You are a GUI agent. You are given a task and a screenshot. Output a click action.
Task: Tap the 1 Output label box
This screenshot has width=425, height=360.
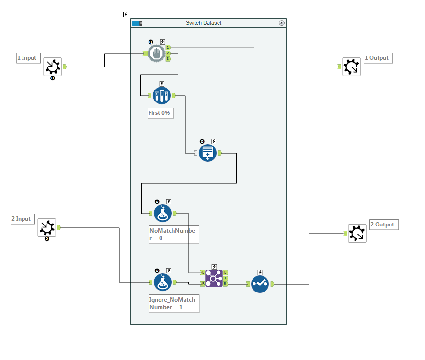pos(378,58)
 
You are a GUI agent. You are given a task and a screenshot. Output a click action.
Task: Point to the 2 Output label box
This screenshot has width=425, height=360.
pos(384,225)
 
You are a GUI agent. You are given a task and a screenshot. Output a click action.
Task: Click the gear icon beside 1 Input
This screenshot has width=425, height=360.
pos(53,67)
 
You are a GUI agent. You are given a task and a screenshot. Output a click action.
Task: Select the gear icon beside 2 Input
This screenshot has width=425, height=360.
pos(47,228)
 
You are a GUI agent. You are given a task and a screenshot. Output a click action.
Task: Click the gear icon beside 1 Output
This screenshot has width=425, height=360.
pos(351,67)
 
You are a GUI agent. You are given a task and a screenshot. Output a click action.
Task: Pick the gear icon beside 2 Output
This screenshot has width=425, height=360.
pos(357,233)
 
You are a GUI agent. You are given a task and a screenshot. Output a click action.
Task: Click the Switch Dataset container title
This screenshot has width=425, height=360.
pos(204,23)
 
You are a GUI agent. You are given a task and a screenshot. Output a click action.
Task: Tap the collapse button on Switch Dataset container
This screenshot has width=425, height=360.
pos(282,23)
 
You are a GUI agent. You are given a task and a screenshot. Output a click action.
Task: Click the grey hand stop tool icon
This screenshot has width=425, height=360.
pos(156,53)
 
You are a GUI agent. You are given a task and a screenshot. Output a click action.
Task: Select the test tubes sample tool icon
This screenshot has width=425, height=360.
pos(162,96)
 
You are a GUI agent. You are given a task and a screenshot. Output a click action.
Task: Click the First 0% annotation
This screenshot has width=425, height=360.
pos(161,113)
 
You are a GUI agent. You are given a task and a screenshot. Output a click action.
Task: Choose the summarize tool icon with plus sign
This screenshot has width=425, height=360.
pos(208,153)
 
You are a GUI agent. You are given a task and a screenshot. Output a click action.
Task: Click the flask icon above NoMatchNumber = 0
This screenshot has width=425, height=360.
pos(163,213)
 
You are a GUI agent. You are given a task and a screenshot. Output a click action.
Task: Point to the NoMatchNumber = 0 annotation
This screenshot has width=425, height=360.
pos(172,234)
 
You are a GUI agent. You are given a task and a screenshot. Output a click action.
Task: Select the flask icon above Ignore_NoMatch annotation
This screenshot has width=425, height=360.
pos(163,282)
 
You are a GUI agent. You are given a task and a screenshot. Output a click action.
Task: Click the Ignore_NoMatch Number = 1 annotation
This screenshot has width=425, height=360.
pos(173,304)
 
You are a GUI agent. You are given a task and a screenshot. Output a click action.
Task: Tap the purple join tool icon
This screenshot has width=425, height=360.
pos(214,278)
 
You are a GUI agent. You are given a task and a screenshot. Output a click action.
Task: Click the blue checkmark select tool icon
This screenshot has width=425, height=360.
pos(260,284)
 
